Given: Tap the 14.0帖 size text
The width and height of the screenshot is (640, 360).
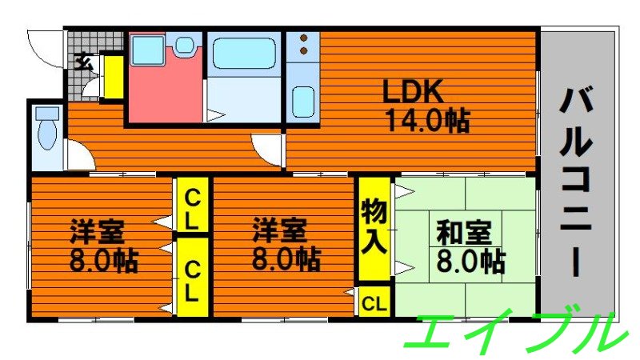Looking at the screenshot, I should click(427, 122).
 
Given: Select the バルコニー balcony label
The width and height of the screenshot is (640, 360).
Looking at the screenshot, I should click(578, 181).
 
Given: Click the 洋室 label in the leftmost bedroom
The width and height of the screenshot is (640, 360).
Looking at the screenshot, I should click(95, 232).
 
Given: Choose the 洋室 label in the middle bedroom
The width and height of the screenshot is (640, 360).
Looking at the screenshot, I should click(279, 231).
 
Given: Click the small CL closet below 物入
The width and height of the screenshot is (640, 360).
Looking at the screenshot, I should click(374, 302).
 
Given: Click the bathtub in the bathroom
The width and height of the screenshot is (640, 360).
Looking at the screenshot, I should click(244, 54).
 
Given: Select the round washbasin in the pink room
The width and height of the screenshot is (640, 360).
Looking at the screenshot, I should click(186, 46).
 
